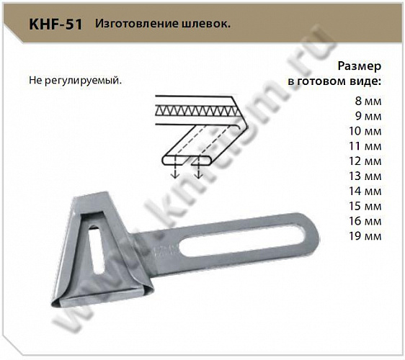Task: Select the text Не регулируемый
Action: (x=76, y=78)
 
